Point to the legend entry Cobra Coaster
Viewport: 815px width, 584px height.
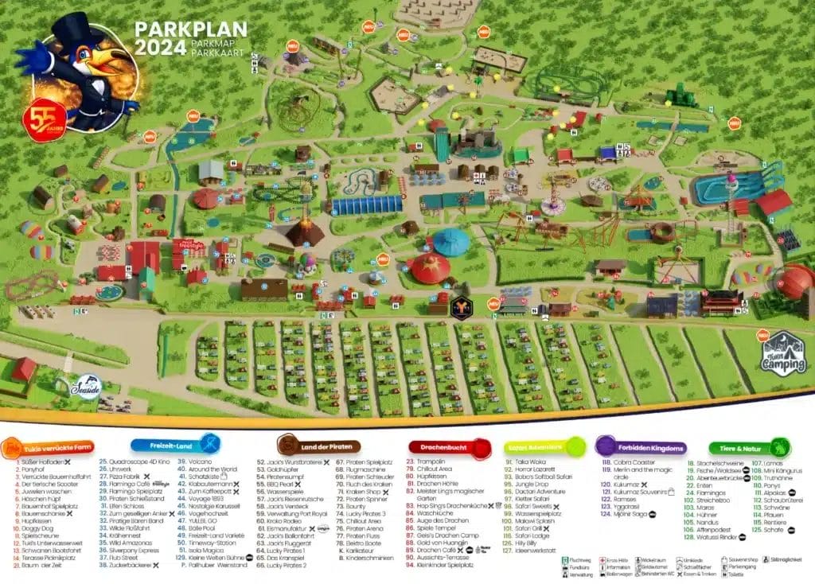coord(632,462)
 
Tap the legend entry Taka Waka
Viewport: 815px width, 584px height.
coord(527,461)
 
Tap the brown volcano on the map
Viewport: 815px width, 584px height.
coord(304,232)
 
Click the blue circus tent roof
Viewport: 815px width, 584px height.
coord(451,241)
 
